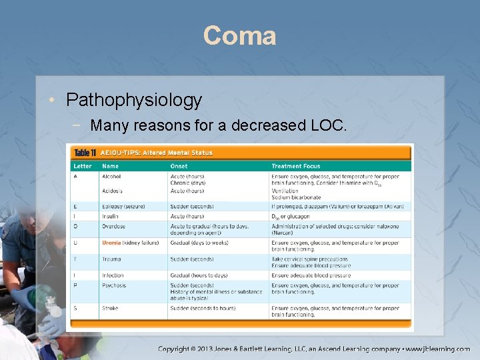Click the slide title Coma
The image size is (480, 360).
tap(239, 35)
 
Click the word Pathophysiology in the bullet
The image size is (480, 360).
tap(133, 100)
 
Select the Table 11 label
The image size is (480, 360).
tap(85, 153)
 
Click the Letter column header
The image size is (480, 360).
tap(83, 166)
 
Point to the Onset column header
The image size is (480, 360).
tap(179, 166)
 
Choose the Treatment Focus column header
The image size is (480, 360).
tap(295, 166)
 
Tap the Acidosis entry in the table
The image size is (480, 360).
tap(112, 191)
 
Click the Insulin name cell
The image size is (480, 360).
tap(110, 216)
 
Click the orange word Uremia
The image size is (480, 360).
tap(111, 243)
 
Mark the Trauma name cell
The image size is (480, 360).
tap(111, 259)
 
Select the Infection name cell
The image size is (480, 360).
tap(113, 275)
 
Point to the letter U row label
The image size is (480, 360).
tap(75, 243)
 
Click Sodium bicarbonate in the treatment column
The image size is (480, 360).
tap(296, 197)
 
